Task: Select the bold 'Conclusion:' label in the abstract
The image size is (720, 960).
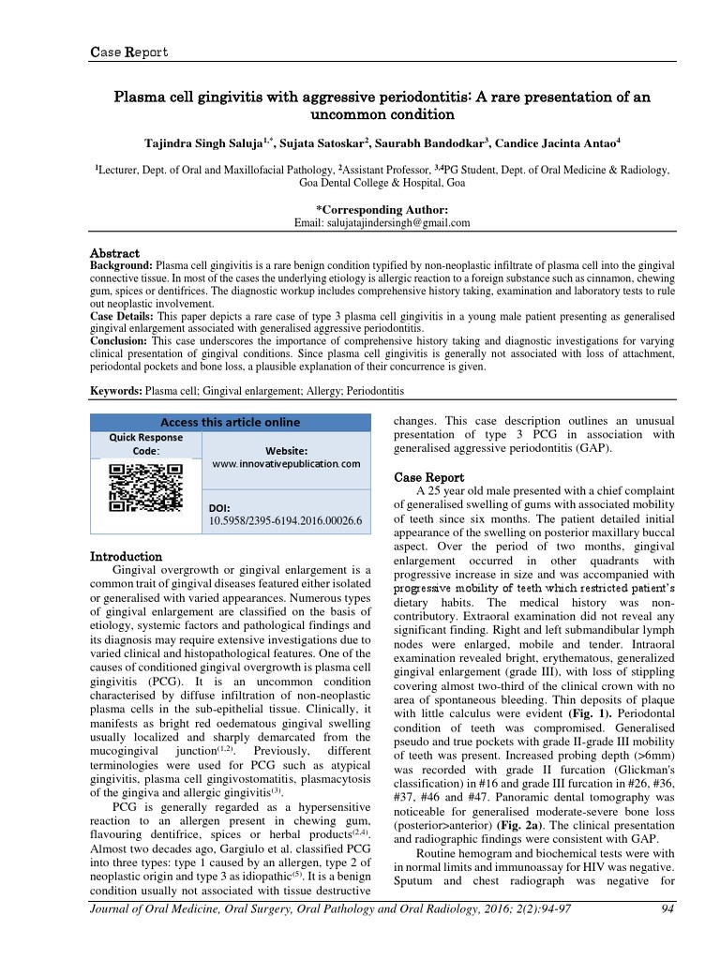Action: (119, 342)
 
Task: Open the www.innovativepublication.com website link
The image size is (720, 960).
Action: (287, 464)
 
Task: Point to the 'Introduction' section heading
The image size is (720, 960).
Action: (126, 557)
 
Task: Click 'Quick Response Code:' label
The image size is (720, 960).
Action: (146, 443)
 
